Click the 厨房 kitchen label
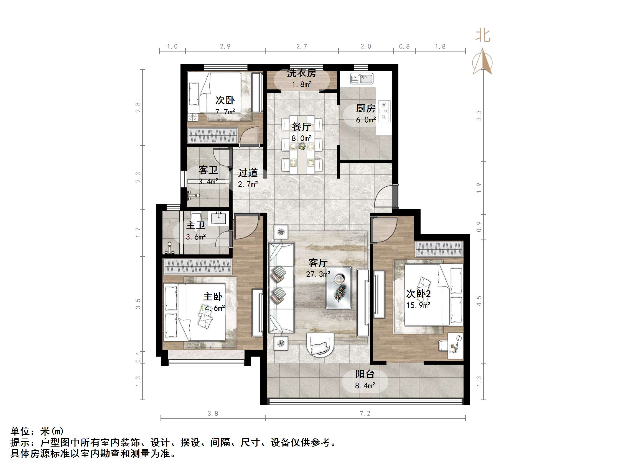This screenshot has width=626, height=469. (365, 109)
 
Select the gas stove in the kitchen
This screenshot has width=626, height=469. (384, 111)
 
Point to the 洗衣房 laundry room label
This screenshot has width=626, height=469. (301, 73)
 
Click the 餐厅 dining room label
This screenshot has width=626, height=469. (301, 127)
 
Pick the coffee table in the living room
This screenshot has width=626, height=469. (339, 287)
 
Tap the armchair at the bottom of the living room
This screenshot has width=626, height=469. (320, 345)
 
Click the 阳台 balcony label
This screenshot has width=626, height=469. (365, 374)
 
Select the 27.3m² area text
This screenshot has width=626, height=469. (318, 274)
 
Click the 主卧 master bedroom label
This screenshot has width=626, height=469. (213, 297)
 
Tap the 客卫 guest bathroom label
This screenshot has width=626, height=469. (208, 170)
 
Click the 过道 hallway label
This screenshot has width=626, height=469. (248, 173)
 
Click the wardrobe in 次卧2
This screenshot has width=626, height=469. (439, 249)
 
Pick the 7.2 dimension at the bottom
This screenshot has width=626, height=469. (365, 414)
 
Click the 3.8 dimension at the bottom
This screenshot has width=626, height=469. (213, 414)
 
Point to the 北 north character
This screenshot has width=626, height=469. (482, 36)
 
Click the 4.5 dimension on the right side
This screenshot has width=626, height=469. (479, 301)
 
